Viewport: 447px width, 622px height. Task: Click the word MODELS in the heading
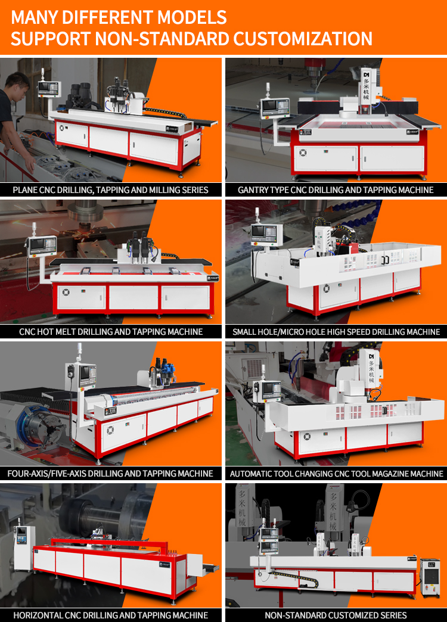(192, 17)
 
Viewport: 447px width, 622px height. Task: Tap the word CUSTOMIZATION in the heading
(303, 39)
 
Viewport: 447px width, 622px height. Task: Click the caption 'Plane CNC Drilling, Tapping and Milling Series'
(110, 190)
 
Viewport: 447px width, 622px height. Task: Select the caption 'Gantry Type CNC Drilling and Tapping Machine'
(336, 190)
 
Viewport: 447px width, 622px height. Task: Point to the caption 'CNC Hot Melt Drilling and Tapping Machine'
(111, 332)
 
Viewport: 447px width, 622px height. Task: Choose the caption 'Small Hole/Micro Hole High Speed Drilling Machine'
(336, 332)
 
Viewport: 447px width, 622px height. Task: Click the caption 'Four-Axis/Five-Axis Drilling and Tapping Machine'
(110, 473)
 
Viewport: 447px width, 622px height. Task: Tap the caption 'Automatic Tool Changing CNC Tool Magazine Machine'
(336, 473)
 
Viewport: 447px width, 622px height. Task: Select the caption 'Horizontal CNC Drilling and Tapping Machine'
(111, 615)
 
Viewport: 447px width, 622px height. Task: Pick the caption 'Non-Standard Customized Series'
(336, 615)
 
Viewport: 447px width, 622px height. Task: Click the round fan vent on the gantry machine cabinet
(303, 153)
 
